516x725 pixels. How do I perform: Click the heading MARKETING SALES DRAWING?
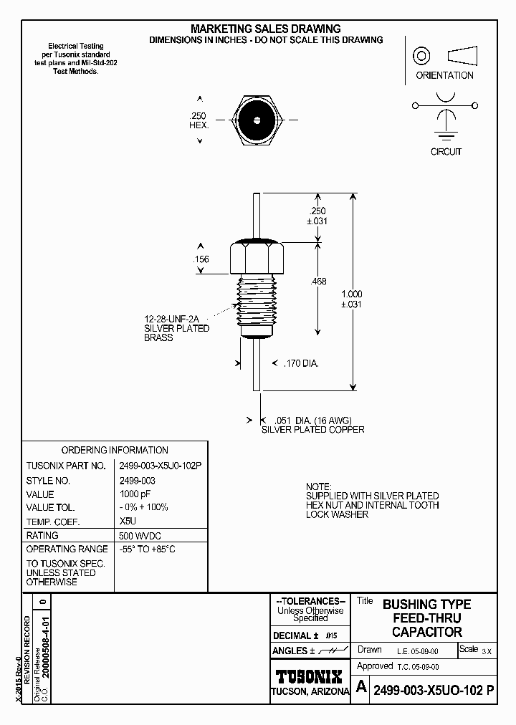[265, 29]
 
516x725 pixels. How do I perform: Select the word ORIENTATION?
[445, 75]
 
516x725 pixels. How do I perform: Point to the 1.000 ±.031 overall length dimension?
[351, 299]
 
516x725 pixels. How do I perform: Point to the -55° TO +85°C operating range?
[148, 549]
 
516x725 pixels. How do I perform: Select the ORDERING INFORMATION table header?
[115, 450]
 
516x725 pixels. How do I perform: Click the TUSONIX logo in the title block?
[310, 676]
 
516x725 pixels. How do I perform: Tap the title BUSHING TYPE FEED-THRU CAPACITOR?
[426, 618]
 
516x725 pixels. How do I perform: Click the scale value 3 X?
[487, 651]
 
